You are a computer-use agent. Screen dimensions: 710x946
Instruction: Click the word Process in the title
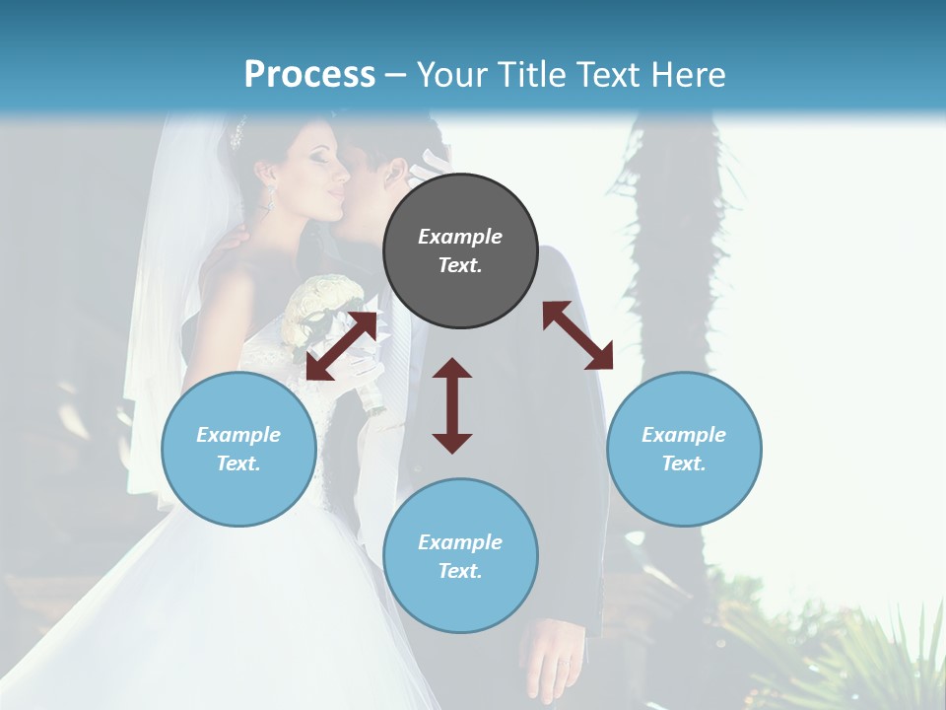click(309, 74)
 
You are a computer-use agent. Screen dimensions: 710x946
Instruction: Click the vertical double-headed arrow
click(452, 405)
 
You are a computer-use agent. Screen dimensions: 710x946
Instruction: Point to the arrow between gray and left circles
click(341, 345)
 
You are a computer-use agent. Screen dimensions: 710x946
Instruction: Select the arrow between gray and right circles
click(577, 335)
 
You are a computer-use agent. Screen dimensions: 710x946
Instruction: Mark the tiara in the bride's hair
click(236, 132)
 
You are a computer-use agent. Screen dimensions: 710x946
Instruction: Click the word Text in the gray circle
click(460, 265)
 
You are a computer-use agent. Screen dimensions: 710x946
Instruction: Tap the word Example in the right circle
click(684, 435)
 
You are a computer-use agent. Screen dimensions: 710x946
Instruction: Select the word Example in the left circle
click(238, 435)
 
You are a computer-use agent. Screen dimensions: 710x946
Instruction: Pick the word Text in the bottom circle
click(460, 571)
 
